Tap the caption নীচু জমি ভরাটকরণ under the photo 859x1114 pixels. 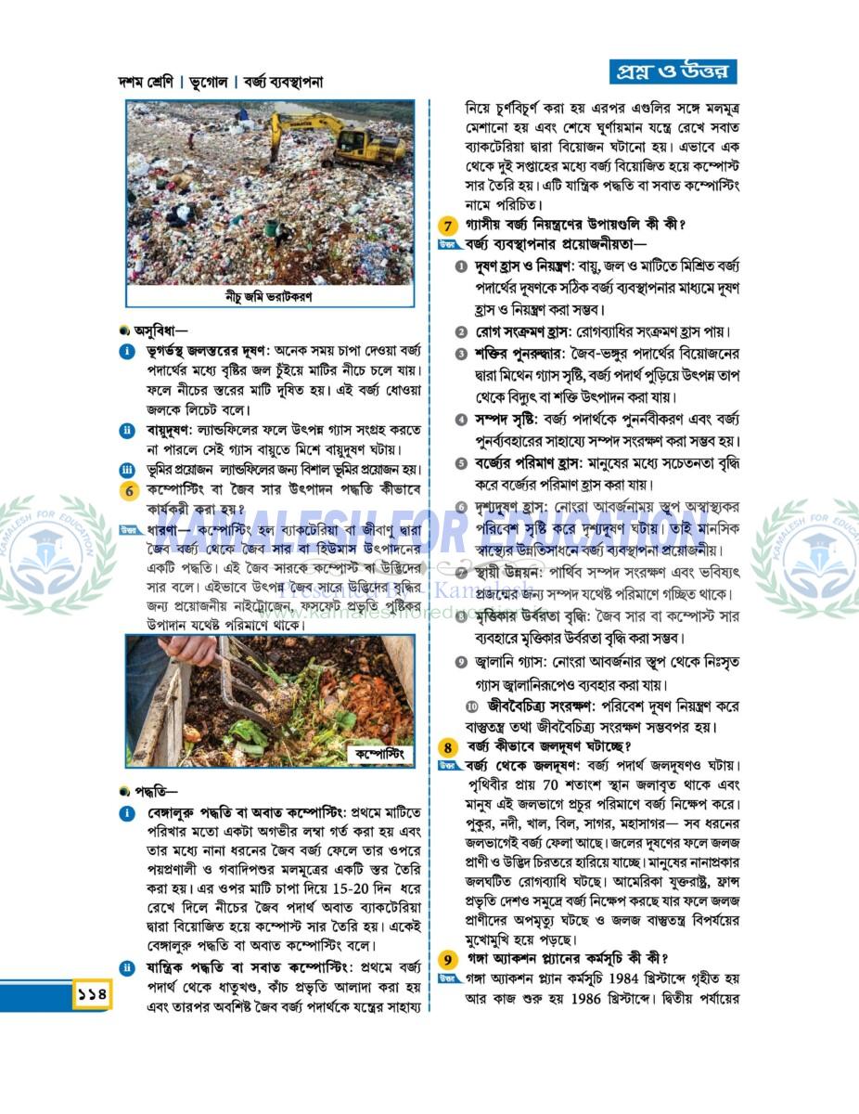pyautogui.click(x=269, y=297)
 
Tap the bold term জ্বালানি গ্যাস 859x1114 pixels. pyautogui.click(x=523, y=661)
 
